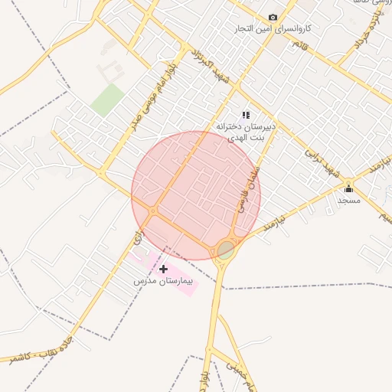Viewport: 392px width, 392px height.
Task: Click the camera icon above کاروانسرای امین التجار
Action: (273, 18)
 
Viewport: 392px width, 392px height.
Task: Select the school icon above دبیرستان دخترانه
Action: (246, 115)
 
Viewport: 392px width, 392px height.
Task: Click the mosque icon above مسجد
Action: (348, 189)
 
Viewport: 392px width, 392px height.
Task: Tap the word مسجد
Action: (348, 200)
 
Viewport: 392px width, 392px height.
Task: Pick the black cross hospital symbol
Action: (163, 269)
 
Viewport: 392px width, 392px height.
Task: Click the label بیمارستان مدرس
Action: (162, 282)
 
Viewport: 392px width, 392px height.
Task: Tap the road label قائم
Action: (295, 47)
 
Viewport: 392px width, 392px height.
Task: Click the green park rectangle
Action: (107, 100)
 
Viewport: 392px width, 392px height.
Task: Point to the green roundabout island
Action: (226, 250)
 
